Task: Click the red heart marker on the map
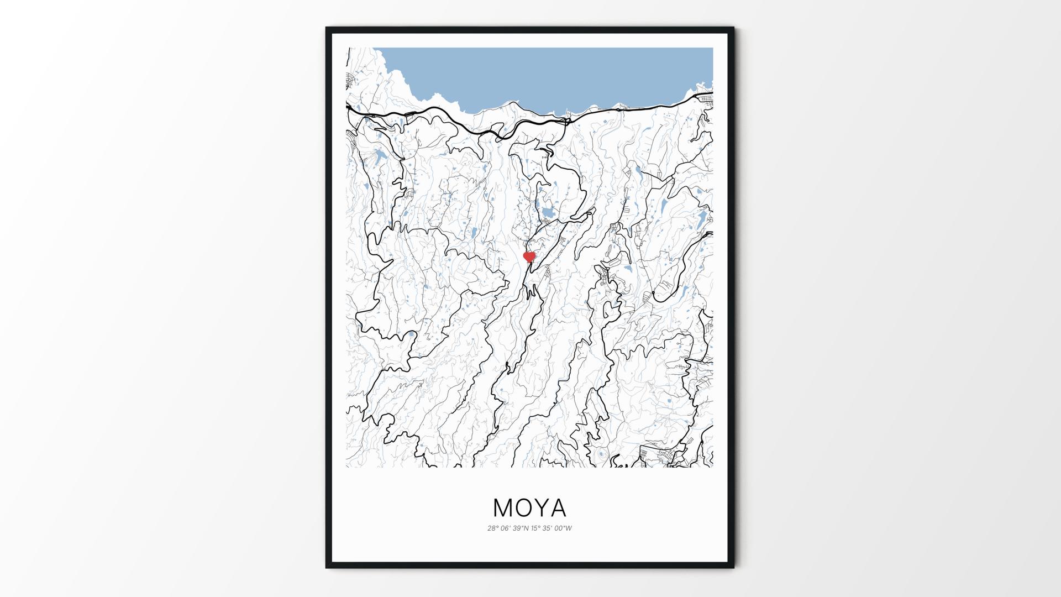coord(529,257)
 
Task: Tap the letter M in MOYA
coord(503,507)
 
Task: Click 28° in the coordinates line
coord(493,528)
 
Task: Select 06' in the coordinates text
coord(506,528)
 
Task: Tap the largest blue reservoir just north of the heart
coord(548,213)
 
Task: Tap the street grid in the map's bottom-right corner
coord(660,457)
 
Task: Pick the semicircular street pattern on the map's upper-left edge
coord(350,81)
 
